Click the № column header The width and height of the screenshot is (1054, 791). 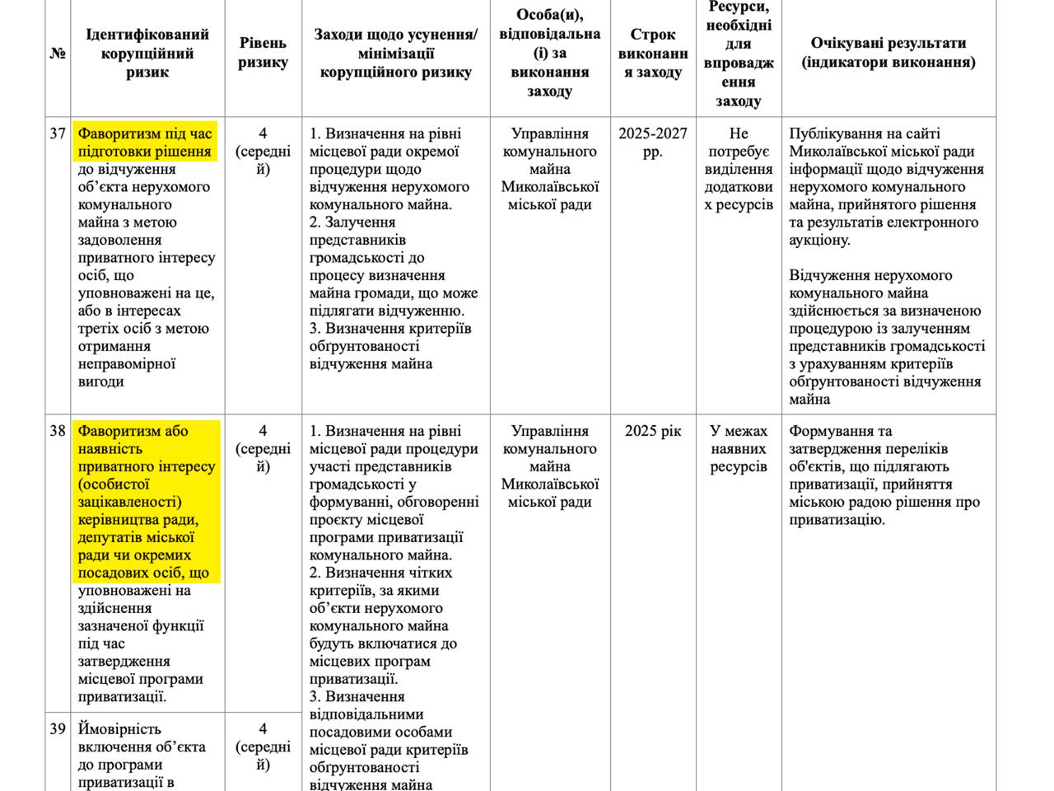point(58,54)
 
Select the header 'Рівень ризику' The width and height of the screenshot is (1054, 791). point(263,53)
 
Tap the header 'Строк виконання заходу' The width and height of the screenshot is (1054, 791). point(653,54)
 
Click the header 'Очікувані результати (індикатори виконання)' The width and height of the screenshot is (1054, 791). point(888,53)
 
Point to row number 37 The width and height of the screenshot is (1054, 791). point(58,133)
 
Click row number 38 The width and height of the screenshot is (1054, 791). point(58,431)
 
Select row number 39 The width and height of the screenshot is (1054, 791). point(58,729)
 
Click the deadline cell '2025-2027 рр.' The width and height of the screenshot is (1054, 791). point(653,143)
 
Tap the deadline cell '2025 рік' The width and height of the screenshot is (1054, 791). point(653,431)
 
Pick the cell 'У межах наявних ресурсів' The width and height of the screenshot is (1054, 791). point(739,449)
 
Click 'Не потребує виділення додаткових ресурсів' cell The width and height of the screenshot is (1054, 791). point(739,169)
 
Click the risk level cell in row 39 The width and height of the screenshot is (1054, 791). point(263,747)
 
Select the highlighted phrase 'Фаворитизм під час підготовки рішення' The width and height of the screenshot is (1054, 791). point(145,143)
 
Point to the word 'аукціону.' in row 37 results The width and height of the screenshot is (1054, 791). point(820,241)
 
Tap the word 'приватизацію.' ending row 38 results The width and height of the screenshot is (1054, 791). point(837,520)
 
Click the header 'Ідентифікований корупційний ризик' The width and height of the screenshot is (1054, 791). point(147,54)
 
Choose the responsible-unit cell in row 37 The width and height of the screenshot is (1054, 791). point(550,169)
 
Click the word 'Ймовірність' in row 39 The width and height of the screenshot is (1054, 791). point(119,729)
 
